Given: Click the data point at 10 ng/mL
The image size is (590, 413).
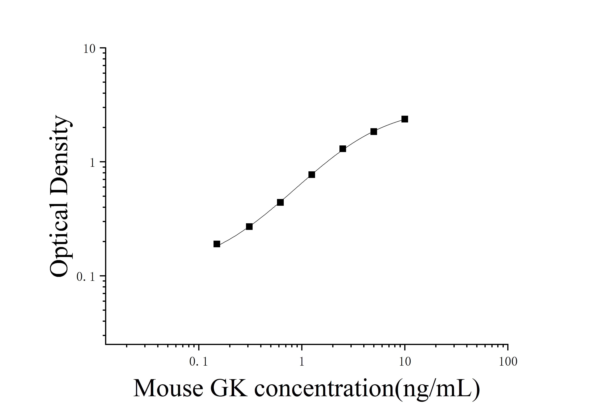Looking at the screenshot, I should coord(405,119).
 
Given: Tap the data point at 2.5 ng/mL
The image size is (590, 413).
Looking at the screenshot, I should coord(343,149).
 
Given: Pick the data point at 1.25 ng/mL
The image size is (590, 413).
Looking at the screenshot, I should coord(312,175).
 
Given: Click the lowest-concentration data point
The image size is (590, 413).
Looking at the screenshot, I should coord(217,244).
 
